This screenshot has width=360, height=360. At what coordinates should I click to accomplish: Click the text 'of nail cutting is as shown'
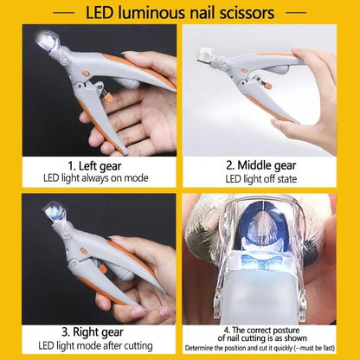pyautogui.click(x=268, y=338)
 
